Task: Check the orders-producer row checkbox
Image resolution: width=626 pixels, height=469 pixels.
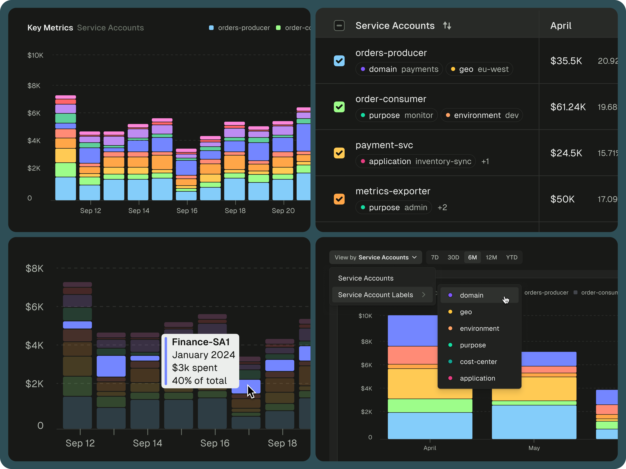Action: [x=339, y=61]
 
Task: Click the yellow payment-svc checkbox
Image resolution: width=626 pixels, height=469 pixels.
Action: [x=339, y=153]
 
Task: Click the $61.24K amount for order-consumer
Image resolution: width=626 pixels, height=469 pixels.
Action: [x=568, y=107]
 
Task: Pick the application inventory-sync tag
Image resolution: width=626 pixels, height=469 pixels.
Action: [x=415, y=161]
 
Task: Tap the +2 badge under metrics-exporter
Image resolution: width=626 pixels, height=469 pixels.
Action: [x=442, y=207]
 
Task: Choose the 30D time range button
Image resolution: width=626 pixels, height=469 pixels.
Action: [x=453, y=257]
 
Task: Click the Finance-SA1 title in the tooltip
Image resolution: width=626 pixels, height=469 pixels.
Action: [x=201, y=342]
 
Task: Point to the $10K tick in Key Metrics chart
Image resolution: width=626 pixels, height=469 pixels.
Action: [x=35, y=55]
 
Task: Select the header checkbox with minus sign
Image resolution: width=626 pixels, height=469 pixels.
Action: [x=339, y=26]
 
